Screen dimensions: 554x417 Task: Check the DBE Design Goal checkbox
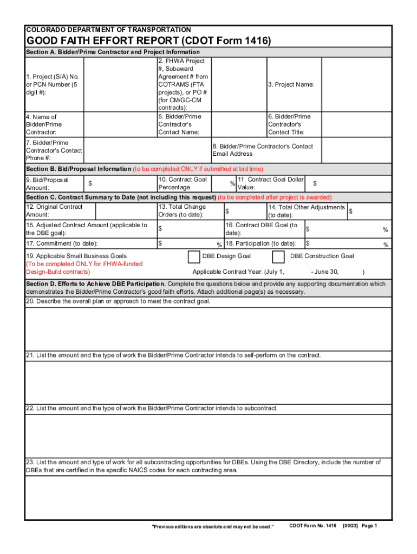pyautogui.click(x=193, y=256)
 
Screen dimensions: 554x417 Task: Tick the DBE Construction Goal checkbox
pyautogui.click(x=278, y=256)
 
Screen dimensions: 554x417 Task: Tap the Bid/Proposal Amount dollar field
pyautogui.click(x=122, y=183)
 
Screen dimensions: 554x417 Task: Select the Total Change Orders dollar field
pyautogui.click(x=244, y=211)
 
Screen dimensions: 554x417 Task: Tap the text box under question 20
pyautogui.click(x=208, y=328)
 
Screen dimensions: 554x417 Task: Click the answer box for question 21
pyautogui.click(x=208, y=382)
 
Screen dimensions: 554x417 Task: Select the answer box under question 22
pyautogui.click(x=208, y=436)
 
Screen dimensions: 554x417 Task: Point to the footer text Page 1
pyautogui.click(x=369, y=526)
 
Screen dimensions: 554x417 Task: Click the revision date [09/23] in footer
pyautogui.click(x=349, y=526)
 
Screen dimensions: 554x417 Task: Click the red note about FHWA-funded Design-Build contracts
pyautogui.click(x=84, y=268)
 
